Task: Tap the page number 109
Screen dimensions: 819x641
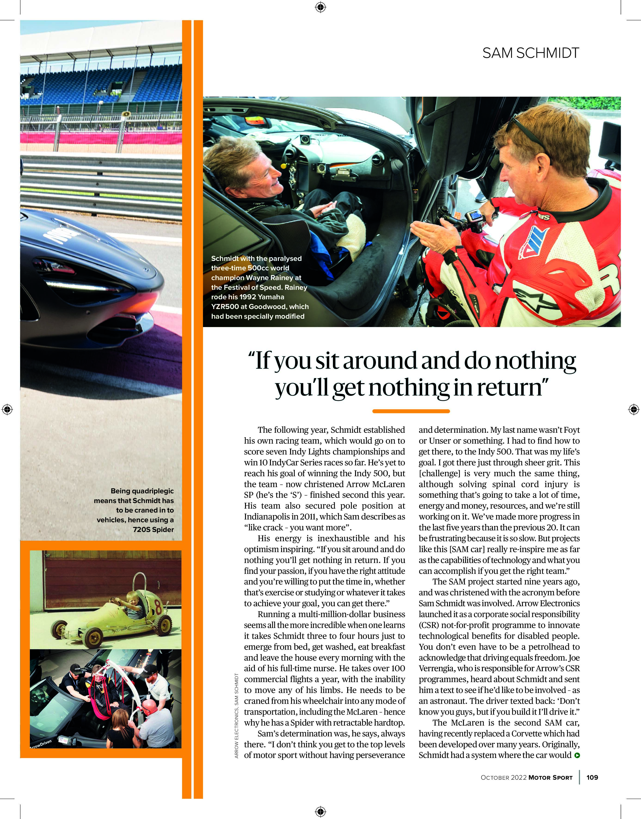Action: coord(592,777)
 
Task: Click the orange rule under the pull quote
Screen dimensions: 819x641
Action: coord(411,411)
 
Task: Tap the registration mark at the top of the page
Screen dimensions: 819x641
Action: coord(320,7)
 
